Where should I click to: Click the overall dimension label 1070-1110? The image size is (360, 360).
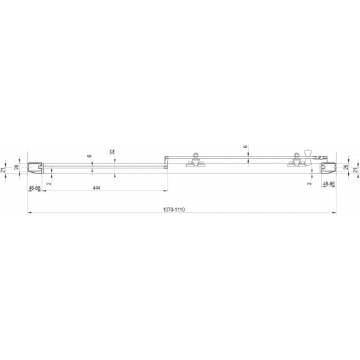pyautogui.click(x=175, y=209)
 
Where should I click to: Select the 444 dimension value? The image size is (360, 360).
pyautogui.click(x=96, y=188)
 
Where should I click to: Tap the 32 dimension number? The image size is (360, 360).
pyautogui.click(x=113, y=151)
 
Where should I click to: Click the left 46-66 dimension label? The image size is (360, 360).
pyautogui.click(x=35, y=188)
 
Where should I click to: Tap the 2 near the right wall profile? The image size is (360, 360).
pyautogui.click(x=308, y=184)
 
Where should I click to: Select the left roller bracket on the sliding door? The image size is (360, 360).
pyautogui.click(x=195, y=160)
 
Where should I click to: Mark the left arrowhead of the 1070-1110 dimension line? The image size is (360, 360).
pyautogui.click(x=29, y=213)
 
